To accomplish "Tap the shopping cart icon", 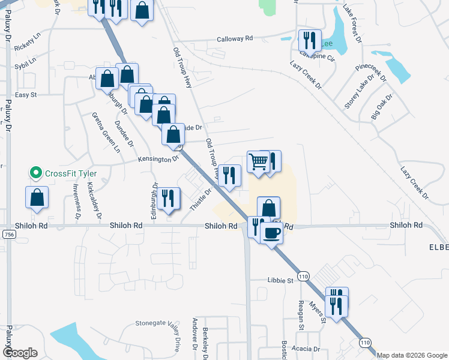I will (x=258, y=161).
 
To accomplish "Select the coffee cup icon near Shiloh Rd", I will (x=272, y=232).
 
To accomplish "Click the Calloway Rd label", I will (x=235, y=38).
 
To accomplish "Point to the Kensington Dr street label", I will (x=159, y=160).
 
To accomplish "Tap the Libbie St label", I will (x=280, y=280).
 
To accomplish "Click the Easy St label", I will (x=26, y=95).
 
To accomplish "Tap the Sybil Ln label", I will (x=26, y=61).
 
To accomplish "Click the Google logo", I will (x=19, y=353).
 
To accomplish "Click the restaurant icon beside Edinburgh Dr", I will (x=168, y=199).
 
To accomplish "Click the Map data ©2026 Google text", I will (x=412, y=355).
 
